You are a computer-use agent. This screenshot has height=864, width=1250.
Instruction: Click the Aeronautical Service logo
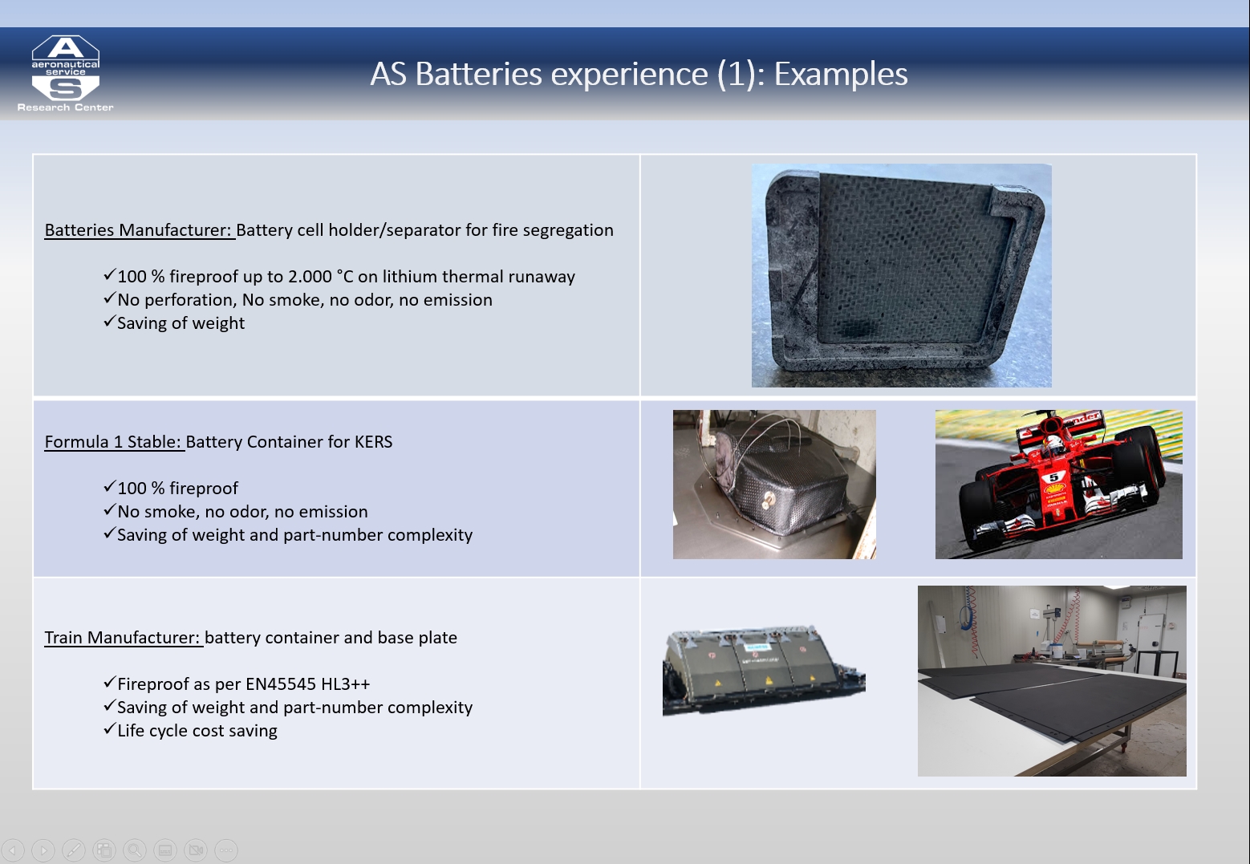(x=66, y=73)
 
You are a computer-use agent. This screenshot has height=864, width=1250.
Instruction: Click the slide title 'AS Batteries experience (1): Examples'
(x=639, y=74)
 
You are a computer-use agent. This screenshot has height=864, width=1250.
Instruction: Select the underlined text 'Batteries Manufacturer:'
(x=140, y=230)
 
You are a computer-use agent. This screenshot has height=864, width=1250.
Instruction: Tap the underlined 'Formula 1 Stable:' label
(x=115, y=441)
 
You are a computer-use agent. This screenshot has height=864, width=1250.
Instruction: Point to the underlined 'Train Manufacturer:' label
(x=124, y=638)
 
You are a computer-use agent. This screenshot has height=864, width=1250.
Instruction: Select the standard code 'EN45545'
(x=274, y=683)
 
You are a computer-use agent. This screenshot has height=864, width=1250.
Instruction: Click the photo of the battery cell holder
(x=901, y=275)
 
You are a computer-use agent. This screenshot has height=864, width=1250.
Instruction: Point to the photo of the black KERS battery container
(x=774, y=485)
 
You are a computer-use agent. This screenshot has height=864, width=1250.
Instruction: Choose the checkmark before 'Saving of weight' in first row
(x=109, y=322)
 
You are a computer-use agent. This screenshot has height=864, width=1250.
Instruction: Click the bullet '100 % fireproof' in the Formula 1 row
(x=171, y=488)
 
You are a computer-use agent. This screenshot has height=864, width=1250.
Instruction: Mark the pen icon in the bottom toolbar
(x=74, y=850)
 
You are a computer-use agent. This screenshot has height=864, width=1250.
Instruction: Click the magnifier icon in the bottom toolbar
(x=135, y=850)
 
